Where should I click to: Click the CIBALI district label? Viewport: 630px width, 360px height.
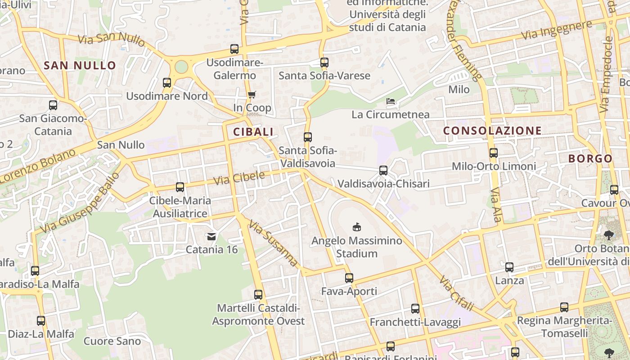tap(253, 132)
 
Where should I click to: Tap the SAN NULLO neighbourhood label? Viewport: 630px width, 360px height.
tap(80, 65)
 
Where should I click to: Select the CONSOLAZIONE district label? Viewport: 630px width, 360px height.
tap(492, 131)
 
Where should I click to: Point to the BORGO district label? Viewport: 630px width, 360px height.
tap(590, 158)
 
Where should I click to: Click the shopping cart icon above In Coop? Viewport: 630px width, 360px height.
tap(252, 94)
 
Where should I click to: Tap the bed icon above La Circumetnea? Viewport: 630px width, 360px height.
tap(391, 102)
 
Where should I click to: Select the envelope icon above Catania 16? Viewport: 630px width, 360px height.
tap(211, 236)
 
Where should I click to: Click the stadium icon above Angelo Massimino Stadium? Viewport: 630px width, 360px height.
tap(357, 227)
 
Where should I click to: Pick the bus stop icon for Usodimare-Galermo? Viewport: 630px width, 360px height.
tap(234, 49)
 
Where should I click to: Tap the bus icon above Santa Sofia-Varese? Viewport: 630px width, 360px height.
tap(324, 63)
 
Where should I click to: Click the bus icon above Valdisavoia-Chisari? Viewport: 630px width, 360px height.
tap(383, 171)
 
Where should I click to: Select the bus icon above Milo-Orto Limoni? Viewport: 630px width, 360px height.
tap(494, 153)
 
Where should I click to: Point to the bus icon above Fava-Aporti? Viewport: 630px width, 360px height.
tap(349, 278)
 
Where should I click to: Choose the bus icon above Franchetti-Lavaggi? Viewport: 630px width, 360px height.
tap(415, 309)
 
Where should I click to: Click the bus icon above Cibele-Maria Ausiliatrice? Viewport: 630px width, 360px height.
tap(180, 187)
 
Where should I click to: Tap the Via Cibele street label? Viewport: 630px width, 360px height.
tap(239, 178)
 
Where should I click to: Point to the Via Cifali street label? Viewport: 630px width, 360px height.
tap(457, 294)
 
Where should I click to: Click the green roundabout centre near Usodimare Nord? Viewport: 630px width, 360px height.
tap(181, 67)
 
